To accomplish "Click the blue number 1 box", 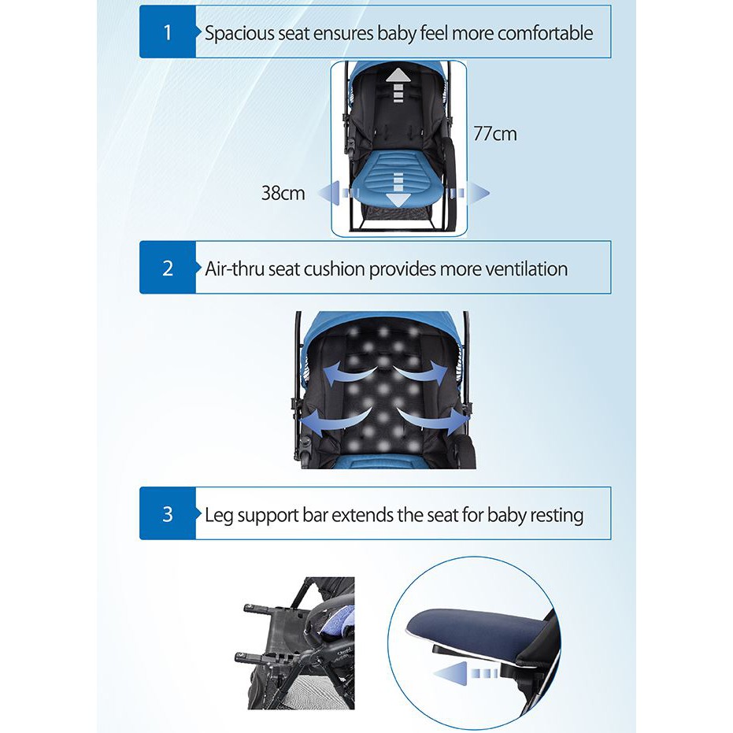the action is pos(168,31).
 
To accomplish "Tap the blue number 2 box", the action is pos(168,268).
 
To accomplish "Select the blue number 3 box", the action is pos(168,513).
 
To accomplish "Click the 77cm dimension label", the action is pos(495,134).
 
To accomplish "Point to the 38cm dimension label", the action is pos(283,193).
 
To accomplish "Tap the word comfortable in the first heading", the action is pos(545,33).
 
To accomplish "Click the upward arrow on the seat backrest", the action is pos(398,85).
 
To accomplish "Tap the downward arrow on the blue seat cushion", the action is pos(398,190).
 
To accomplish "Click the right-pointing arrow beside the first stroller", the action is pos(468,193).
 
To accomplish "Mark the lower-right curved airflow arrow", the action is pos(432,420).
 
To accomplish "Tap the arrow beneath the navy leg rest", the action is pos(465,673).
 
